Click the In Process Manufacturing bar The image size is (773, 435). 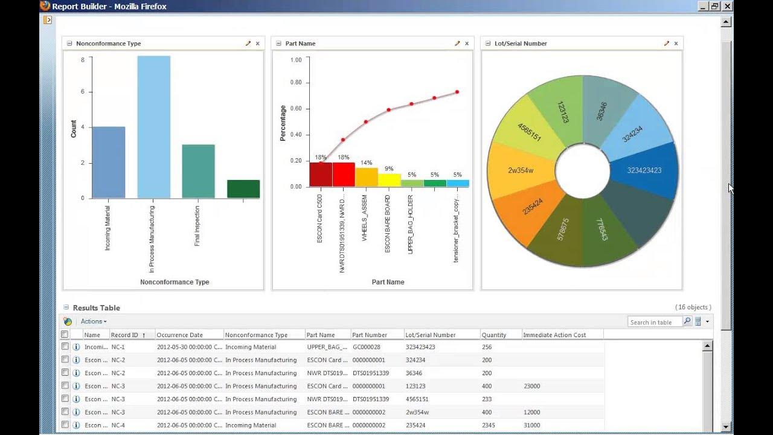click(153, 127)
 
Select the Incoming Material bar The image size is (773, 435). click(108, 163)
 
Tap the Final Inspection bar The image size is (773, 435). click(198, 172)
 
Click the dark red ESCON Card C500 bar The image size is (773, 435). click(320, 174)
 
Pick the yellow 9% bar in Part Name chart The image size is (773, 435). click(389, 180)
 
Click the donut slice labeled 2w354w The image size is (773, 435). click(521, 170)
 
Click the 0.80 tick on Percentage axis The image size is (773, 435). click(296, 83)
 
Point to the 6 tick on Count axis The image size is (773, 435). click(83, 92)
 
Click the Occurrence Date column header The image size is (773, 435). click(180, 335)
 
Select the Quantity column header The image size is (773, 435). click(493, 335)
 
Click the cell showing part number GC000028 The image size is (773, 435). click(367, 347)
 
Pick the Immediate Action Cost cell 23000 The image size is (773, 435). click(531, 386)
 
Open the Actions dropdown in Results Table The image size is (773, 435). click(94, 321)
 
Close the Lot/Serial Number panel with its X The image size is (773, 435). click(676, 43)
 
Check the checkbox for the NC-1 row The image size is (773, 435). click(65, 347)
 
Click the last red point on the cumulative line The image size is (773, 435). click(457, 92)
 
